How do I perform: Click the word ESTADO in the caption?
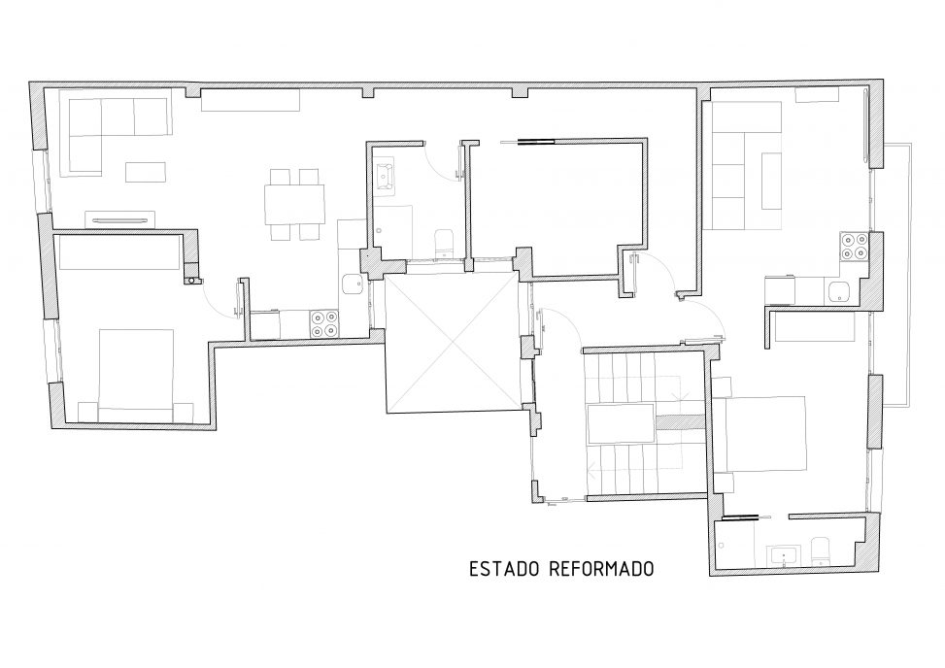pos(503,569)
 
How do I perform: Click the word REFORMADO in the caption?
pos(601,569)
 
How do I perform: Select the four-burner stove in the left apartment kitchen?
pos(323,323)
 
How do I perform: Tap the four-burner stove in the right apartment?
pos(854,247)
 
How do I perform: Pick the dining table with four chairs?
pos(294,205)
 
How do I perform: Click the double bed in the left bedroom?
pos(136,375)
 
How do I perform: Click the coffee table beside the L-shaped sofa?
pos(146,172)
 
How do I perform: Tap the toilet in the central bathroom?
pos(443,242)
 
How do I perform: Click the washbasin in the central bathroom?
pos(384,176)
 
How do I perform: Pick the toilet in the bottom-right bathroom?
pos(821,551)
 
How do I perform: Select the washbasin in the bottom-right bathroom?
pos(784,555)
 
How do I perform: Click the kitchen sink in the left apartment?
pos(351,284)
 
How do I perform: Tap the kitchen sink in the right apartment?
pos(839,292)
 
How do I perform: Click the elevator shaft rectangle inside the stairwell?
pos(621,424)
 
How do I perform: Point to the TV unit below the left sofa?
pos(120,218)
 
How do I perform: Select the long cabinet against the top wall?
pos(251,100)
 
